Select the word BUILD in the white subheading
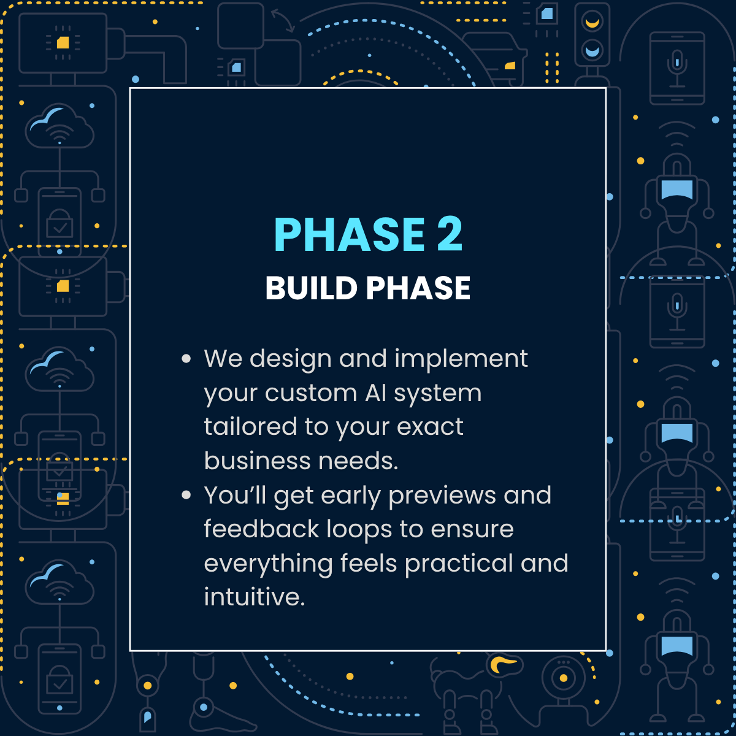click(312, 288)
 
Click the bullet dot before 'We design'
click(186, 359)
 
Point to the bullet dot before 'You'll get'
click(186, 496)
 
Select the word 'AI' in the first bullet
click(376, 393)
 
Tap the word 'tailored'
click(251, 427)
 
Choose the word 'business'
click(257, 460)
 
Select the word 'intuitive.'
click(255, 597)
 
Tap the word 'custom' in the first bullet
click(311, 393)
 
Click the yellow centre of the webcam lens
click(564, 678)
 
